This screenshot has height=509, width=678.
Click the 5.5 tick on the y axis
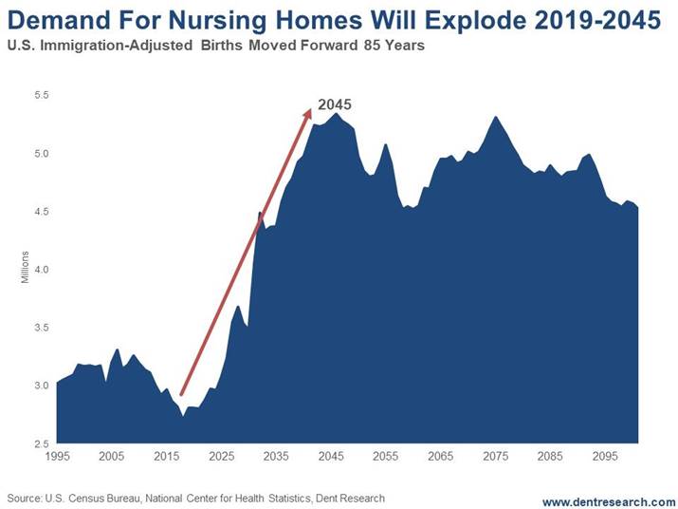point(41,95)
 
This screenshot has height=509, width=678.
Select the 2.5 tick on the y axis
point(41,443)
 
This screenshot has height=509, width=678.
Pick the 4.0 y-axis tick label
point(41,270)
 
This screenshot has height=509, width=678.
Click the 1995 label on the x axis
point(56,457)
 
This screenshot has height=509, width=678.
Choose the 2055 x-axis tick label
point(385,457)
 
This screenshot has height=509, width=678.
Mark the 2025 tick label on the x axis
point(221,457)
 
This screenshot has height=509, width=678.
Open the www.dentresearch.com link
point(609,500)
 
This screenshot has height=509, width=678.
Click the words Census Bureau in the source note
point(105,498)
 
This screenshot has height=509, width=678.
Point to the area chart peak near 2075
point(495,118)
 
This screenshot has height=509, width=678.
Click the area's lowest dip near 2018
point(183,415)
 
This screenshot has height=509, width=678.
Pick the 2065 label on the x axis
point(440,457)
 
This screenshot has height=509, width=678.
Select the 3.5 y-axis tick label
point(41,328)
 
